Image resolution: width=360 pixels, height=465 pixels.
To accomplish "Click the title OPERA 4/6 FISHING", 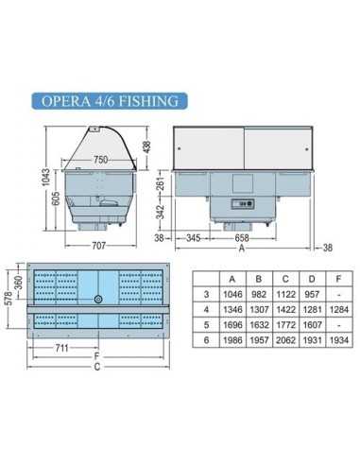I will point(107,101).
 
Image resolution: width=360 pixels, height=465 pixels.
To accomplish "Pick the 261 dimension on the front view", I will point(163,181).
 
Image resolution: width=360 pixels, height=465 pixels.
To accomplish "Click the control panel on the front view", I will point(246,202).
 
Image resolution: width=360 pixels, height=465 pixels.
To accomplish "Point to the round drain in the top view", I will point(99,299).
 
